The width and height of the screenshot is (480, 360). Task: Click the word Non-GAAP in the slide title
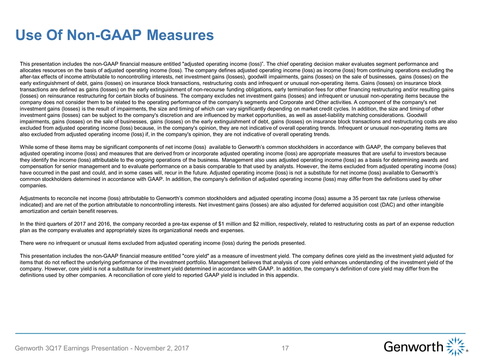(104, 35)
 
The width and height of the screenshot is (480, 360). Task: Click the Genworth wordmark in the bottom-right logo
(414, 346)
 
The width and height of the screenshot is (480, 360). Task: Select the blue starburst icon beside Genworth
(455, 346)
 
